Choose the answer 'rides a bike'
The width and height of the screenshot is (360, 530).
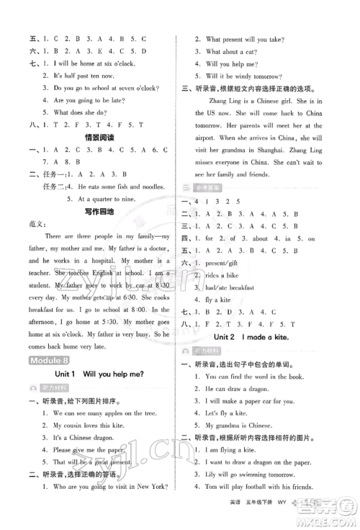(228, 276)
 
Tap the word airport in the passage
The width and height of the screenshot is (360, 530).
(204, 149)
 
